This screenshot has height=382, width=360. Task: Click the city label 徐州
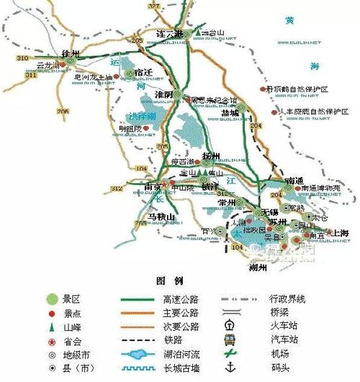point(69,54)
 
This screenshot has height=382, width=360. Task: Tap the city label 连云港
point(169,35)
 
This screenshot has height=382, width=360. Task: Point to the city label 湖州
point(257,267)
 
